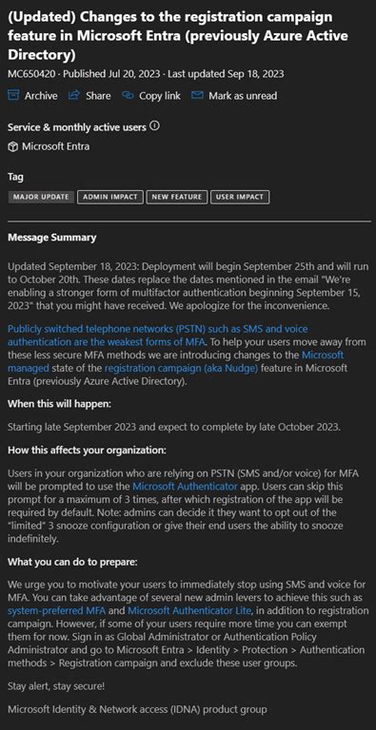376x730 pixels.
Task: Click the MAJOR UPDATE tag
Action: coord(41,197)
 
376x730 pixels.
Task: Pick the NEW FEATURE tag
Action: coord(176,197)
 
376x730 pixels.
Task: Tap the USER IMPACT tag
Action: coord(240,197)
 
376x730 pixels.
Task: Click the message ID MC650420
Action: coord(33,73)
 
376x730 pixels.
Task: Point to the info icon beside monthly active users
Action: coord(154,125)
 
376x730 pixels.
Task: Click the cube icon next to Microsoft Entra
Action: coord(12,145)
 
